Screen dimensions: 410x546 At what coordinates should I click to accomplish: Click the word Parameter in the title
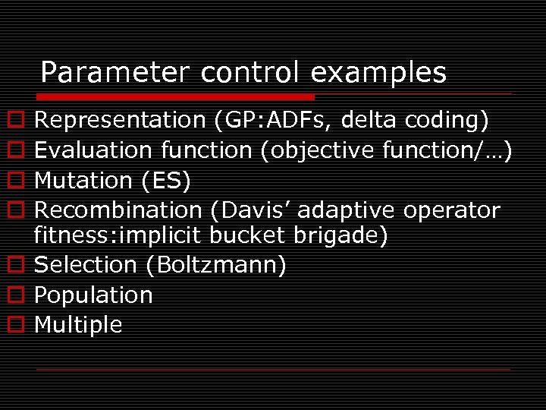[115, 73]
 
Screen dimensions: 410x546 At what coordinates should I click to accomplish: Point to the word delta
[369, 120]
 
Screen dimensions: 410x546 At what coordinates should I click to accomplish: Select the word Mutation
[83, 181]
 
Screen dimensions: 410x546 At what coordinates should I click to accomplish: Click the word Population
[94, 295]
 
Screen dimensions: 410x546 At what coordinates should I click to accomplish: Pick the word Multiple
[79, 325]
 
